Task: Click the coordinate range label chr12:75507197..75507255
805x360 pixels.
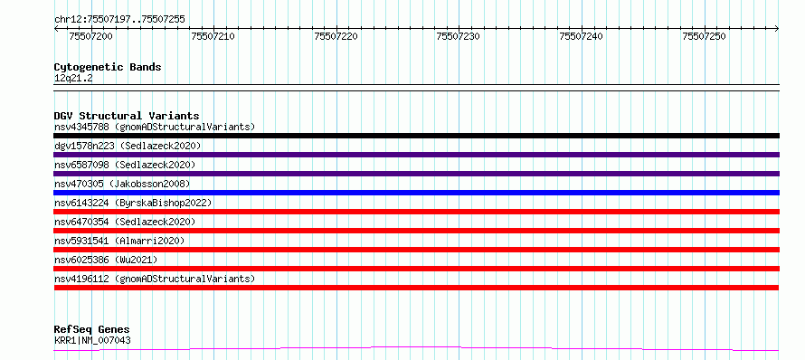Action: [x=119, y=20]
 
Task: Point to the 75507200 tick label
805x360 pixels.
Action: [x=90, y=36]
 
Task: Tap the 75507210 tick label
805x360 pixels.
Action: [x=213, y=36]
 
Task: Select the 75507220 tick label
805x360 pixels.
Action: [x=336, y=36]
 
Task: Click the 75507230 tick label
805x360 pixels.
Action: [x=459, y=36]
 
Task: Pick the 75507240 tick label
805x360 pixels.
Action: [x=582, y=36]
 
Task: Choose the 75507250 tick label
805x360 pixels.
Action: [x=704, y=36]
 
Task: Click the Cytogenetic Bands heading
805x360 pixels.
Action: [x=108, y=67]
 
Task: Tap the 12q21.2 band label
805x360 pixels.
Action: [x=73, y=79]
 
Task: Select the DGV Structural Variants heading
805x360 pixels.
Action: [x=127, y=116]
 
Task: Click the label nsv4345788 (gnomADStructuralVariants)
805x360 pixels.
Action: [x=155, y=127]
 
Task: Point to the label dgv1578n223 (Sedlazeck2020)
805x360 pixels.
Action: [x=128, y=146]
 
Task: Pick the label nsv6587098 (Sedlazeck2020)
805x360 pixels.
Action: [x=125, y=165]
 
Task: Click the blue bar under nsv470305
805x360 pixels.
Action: [x=416, y=193]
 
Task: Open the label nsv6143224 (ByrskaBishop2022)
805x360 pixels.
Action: [x=133, y=203]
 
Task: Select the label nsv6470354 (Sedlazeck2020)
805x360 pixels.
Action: [x=125, y=222]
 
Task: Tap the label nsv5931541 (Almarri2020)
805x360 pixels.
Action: [x=119, y=241]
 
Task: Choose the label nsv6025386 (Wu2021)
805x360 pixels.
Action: [x=106, y=260]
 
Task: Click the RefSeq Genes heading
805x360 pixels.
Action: [x=91, y=330]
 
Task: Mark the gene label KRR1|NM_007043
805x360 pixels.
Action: [x=92, y=340]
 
